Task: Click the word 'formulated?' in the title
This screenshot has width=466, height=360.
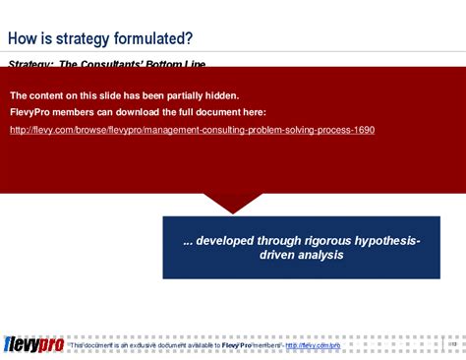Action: pos(154,38)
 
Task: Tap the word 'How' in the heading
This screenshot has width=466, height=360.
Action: pos(24,38)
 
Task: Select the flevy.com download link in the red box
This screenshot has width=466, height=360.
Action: pos(192,130)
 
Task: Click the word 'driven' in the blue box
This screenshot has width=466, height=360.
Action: pos(276,256)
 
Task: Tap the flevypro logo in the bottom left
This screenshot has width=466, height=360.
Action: pos(33,344)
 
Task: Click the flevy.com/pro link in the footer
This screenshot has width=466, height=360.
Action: pos(313,346)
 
